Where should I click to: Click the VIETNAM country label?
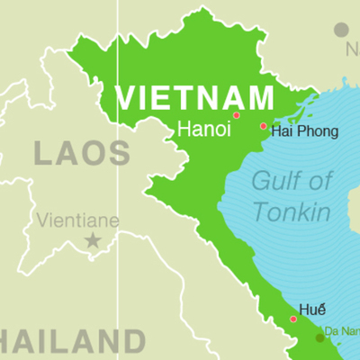pos(194,96)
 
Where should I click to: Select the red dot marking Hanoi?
pos(237,115)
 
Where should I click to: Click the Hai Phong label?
pos(305,131)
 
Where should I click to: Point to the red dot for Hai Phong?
pos(264,127)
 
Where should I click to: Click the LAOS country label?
pos(81,153)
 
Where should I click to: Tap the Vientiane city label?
pos(77,220)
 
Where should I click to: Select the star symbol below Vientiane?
pos(92,240)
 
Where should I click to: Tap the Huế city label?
pos(318,307)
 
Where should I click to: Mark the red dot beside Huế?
pos(293,319)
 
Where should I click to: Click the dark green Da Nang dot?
pos(319,337)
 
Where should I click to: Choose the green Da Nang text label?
pos(343,330)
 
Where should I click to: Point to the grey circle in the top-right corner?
pos(341,30)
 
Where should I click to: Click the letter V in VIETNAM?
pos(128,96)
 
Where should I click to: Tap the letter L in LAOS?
pos(44,153)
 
